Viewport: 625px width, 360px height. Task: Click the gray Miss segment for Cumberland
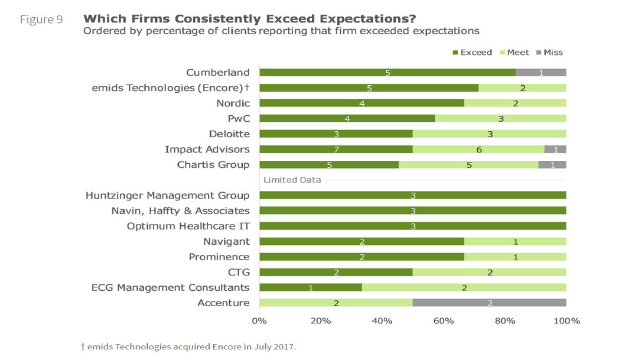tap(541, 73)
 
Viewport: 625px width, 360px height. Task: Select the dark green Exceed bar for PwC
tap(347, 118)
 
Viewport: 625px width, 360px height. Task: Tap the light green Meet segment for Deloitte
tap(489, 134)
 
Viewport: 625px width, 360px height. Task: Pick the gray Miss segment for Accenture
tap(489, 303)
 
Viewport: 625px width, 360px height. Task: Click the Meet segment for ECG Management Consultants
tap(464, 287)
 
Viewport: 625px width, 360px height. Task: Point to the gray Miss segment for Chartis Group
tap(552, 164)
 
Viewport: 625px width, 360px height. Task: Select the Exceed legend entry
tap(472, 53)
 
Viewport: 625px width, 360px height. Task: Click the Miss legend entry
tap(549, 53)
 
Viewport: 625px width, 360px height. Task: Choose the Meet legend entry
tap(514, 53)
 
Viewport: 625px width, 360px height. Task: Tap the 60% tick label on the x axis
tap(443, 321)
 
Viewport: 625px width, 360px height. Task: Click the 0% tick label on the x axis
tap(259, 321)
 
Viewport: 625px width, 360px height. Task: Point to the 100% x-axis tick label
tap(566, 321)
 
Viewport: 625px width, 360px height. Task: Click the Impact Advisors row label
tap(207, 149)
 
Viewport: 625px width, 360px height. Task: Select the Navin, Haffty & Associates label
tap(180, 210)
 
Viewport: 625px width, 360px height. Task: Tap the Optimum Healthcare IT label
tap(188, 226)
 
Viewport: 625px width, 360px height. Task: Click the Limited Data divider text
tap(292, 180)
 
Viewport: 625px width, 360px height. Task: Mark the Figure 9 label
tap(41, 20)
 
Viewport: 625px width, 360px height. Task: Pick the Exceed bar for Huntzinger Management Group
tap(412, 195)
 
